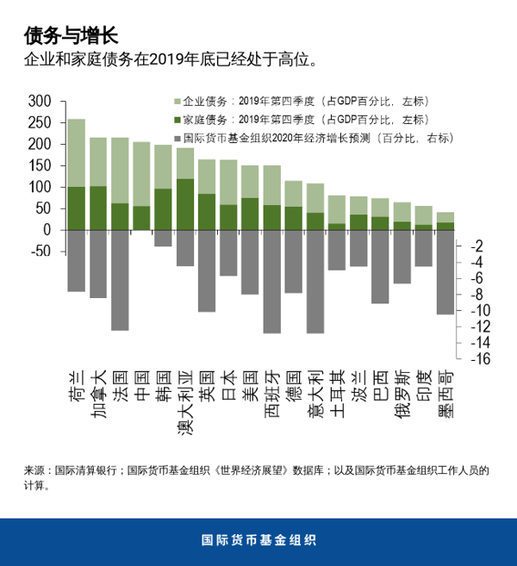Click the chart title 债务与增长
click(x=71, y=35)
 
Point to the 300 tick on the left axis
click(x=41, y=101)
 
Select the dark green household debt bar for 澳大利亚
click(x=185, y=204)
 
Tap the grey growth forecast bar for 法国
click(x=120, y=280)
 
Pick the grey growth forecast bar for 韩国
click(x=163, y=239)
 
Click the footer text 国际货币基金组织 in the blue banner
click(x=258, y=541)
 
